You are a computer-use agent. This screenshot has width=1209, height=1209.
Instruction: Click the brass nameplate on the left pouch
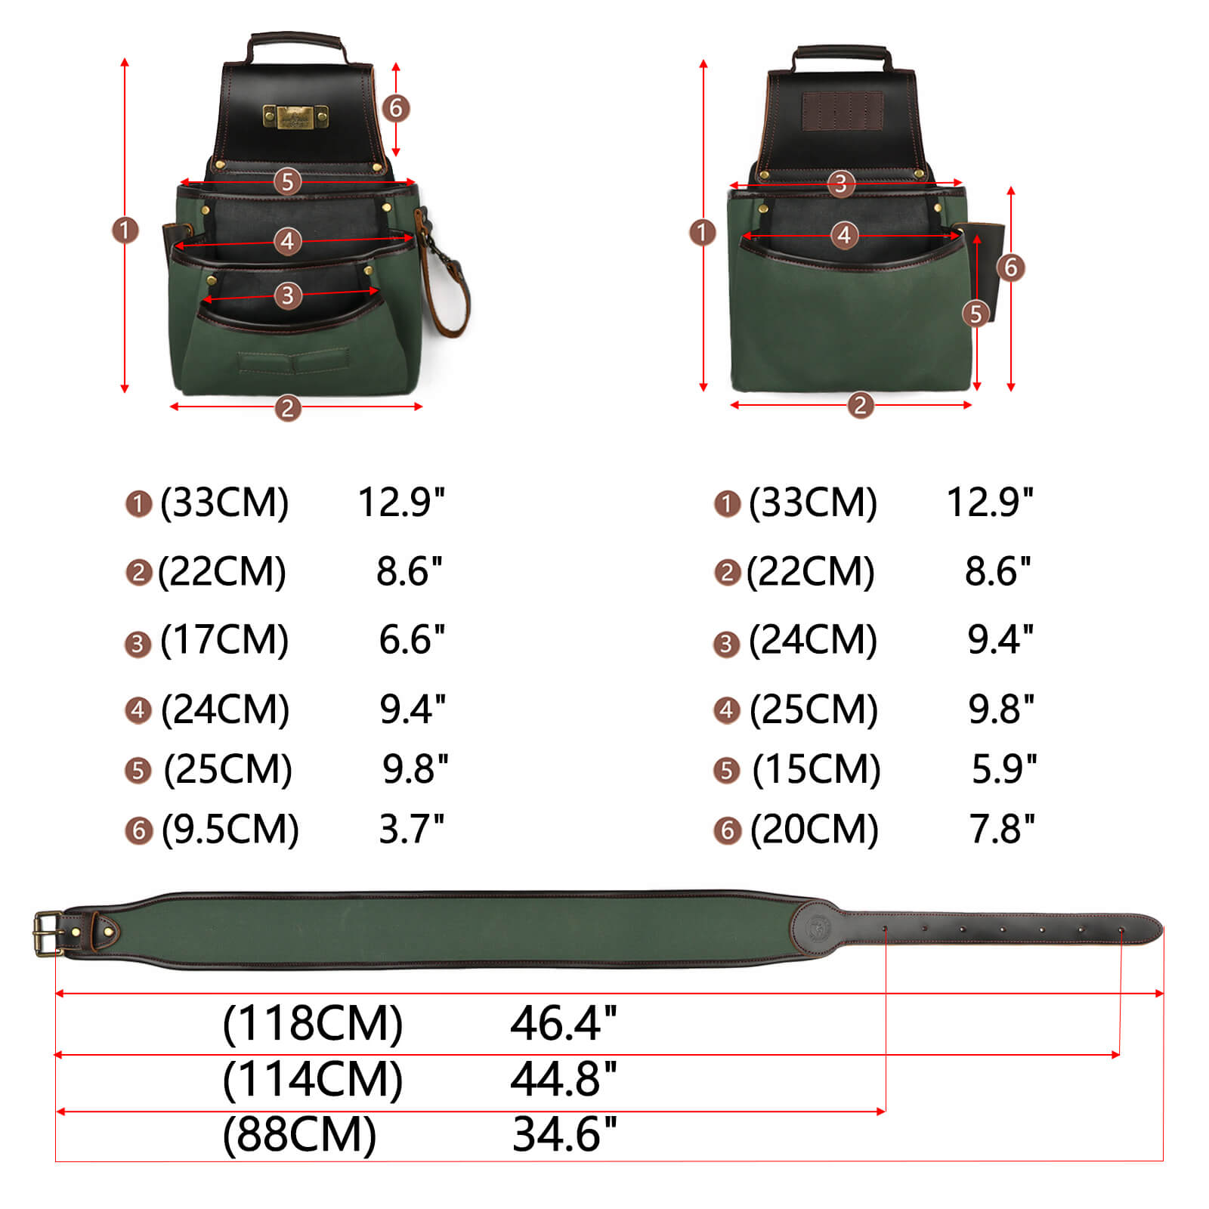coord(295,116)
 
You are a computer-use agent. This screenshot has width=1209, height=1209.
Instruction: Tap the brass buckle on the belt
coord(48,934)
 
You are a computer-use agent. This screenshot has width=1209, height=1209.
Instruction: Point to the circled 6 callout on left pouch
coord(396,108)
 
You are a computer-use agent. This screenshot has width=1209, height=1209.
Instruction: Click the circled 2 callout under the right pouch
coord(860,406)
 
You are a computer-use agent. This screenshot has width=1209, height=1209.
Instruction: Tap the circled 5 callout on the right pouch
coord(976,313)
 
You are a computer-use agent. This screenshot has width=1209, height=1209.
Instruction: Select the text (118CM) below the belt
coord(312,1024)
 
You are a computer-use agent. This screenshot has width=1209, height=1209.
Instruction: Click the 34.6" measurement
coord(564,1135)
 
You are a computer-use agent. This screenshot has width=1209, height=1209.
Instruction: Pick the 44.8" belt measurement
coord(564,1079)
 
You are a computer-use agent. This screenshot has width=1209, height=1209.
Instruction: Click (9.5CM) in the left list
coord(230,829)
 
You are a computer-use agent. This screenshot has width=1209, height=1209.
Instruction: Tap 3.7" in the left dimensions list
coord(412,829)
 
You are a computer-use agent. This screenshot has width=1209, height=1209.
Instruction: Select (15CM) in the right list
coord(817,769)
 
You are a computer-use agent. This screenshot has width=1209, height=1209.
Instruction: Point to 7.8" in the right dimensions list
coord(1002,829)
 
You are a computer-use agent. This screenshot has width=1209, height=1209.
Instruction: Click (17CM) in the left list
coord(224,640)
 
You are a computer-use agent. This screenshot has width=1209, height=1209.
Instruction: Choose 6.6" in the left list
coord(412,640)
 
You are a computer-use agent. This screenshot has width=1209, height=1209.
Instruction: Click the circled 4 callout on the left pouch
coord(287,242)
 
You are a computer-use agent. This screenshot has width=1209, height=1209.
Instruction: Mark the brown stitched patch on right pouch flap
coord(843,111)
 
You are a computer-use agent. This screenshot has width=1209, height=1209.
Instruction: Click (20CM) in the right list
coord(815,829)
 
